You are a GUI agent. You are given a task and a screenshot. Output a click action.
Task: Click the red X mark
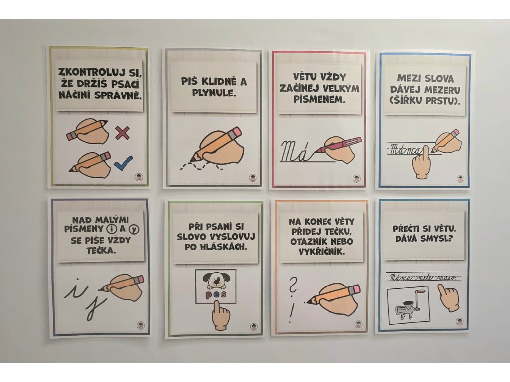point(123,133)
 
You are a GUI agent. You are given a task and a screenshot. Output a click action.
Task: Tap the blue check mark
point(124,163)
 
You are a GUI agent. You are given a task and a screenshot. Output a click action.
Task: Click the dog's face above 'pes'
point(216,281)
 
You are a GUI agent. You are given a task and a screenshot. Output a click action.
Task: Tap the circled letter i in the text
point(111,229)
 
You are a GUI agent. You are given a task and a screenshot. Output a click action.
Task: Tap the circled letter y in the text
point(133,230)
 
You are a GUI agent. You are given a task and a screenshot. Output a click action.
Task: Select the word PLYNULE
point(213,94)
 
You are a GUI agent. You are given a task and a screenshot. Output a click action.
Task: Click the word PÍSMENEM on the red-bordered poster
point(319,99)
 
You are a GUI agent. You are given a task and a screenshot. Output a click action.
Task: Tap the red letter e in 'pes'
point(216,295)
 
